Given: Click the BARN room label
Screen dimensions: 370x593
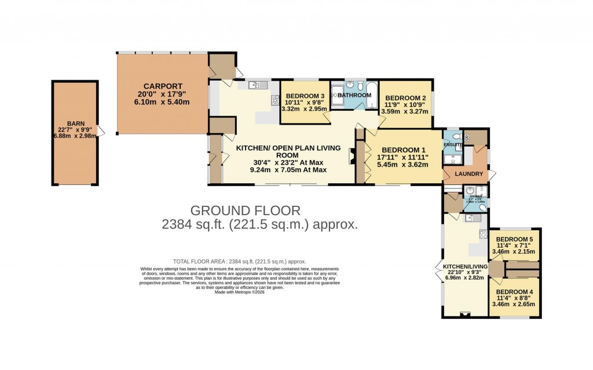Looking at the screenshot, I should (x=74, y=123).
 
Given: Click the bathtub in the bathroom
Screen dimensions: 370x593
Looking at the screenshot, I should (x=371, y=95).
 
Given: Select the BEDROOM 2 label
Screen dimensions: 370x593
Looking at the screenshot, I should (x=406, y=97).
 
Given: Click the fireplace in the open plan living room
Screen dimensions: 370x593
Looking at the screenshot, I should (x=350, y=156).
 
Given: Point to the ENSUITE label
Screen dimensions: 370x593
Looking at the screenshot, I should (x=453, y=144).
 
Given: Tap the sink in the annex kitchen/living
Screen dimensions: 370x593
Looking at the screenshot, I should (x=471, y=219).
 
